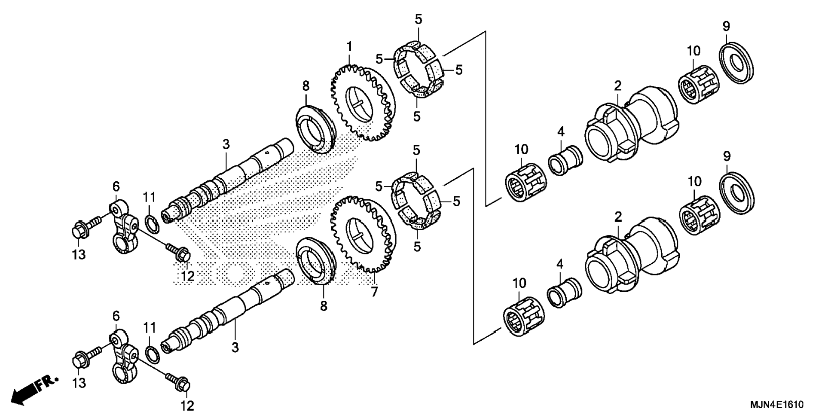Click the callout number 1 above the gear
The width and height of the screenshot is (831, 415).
pos(349,46)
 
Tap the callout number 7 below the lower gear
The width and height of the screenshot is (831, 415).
pos(374,292)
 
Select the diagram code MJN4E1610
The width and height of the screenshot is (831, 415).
pos(777,405)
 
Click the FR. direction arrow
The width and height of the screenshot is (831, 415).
pos(34,389)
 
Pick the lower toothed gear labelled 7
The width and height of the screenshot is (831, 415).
pos(363,235)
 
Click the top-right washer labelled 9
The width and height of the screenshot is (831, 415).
pos(736,63)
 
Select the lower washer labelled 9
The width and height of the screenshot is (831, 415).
pos(736,193)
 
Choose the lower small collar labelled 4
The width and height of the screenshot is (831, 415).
pos(564,292)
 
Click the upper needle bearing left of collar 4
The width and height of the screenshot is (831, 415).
pos(525,182)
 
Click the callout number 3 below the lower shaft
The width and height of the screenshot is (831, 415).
pos(235,347)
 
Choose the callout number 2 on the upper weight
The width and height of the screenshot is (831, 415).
pos(617,86)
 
